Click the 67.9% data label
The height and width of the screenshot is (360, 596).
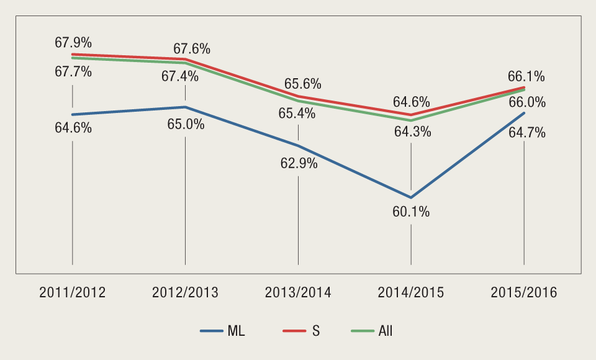[x=73, y=43]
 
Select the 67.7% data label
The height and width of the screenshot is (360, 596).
[x=73, y=71]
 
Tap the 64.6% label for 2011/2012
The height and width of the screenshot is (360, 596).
[x=73, y=128]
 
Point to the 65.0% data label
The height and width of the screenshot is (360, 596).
[x=186, y=124]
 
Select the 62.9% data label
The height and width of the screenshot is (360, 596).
[x=299, y=164]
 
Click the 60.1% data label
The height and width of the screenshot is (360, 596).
[x=411, y=212]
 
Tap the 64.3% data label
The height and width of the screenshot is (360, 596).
[x=411, y=132]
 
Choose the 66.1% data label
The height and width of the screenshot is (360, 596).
[x=526, y=76]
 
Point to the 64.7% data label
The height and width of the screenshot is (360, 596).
[x=526, y=132]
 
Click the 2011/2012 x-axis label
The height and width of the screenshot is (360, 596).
[x=73, y=292]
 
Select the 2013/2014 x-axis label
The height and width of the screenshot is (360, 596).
[x=298, y=292]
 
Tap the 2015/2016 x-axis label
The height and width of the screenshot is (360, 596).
[x=524, y=292]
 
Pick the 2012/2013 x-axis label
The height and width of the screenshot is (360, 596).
[x=185, y=292]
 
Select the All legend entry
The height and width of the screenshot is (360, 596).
[x=371, y=331]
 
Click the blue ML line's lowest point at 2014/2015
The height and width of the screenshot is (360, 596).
[x=411, y=197]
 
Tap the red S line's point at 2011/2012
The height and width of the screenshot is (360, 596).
[x=73, y=55]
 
